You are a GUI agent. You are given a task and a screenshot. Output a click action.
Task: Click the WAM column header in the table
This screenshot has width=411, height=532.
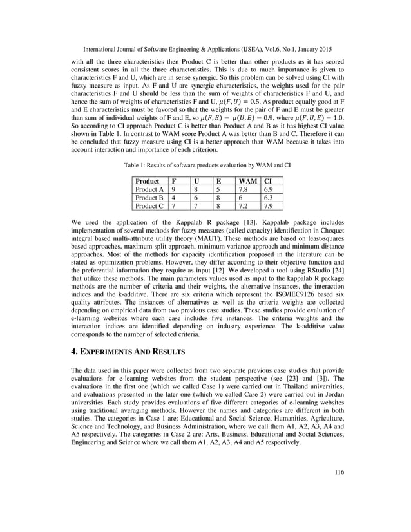247,182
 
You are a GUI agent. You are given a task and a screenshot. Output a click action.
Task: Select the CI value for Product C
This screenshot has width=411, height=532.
272,207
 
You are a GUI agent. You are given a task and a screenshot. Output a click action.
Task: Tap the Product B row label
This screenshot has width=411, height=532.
149,198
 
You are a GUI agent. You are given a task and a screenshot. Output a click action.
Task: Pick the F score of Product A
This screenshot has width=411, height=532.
173,190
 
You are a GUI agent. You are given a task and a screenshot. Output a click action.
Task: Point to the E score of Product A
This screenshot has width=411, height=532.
219,190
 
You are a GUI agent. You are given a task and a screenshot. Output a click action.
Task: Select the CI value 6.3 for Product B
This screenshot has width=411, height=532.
272,198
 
